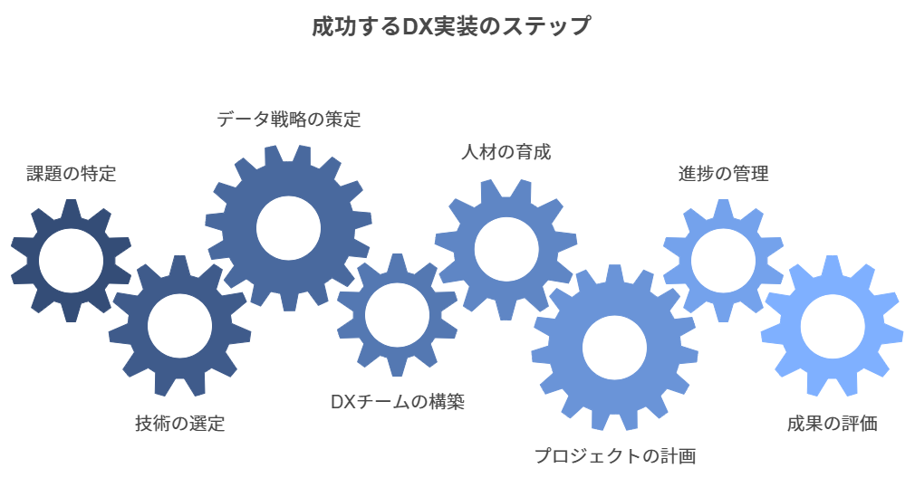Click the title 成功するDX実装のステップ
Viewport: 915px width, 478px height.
(451, 27)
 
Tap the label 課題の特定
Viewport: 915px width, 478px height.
(72, 174)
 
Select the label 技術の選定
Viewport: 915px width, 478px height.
(179, 423)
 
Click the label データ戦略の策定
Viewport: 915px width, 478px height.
(289, 119)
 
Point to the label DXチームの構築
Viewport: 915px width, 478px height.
(398, 402)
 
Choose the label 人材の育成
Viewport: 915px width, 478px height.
(506, 153)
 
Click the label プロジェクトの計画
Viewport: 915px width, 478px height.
(615, 455)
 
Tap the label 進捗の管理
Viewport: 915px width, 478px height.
(724, 174)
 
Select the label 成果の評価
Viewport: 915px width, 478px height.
(833, 423)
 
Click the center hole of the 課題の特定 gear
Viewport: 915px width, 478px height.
(72, 261)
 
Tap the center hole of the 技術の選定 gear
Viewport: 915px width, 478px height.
(179, 326)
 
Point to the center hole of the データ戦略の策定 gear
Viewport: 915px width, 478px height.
(288, 228)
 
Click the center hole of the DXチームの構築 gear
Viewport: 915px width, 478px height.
(397, 315)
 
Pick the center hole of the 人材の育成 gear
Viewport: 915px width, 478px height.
(506, 250)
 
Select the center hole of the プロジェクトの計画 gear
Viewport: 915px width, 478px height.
(614, 348)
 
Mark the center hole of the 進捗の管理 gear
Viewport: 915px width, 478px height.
(723, 261)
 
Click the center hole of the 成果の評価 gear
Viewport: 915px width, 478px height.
(833, 326)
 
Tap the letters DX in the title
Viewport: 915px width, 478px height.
(416, 27)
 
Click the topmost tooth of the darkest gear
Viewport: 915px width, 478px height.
(72, 208)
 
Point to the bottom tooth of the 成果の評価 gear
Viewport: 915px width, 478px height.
(833, 387)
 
